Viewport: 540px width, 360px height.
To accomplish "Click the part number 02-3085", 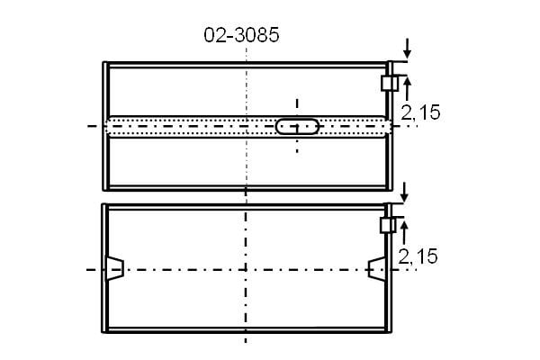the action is (x=241, y=35).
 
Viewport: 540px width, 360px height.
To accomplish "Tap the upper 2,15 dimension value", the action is (x=420, y=112).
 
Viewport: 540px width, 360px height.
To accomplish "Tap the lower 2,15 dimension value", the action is (x=418, y=256).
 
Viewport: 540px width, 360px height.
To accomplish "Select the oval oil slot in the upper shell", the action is (x=297, y=126).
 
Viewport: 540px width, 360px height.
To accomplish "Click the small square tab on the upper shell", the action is (x=390, y=84).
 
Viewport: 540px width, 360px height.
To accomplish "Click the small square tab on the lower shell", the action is (x=388, y=225).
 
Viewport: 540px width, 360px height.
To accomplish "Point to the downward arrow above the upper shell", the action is (x=408, y=49).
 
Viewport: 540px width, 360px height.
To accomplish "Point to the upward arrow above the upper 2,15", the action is (x=408, y=89).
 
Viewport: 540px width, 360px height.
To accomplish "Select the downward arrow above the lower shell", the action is (x=405, y=192).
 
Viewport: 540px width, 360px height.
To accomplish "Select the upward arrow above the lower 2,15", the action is (x=405, y=232).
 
